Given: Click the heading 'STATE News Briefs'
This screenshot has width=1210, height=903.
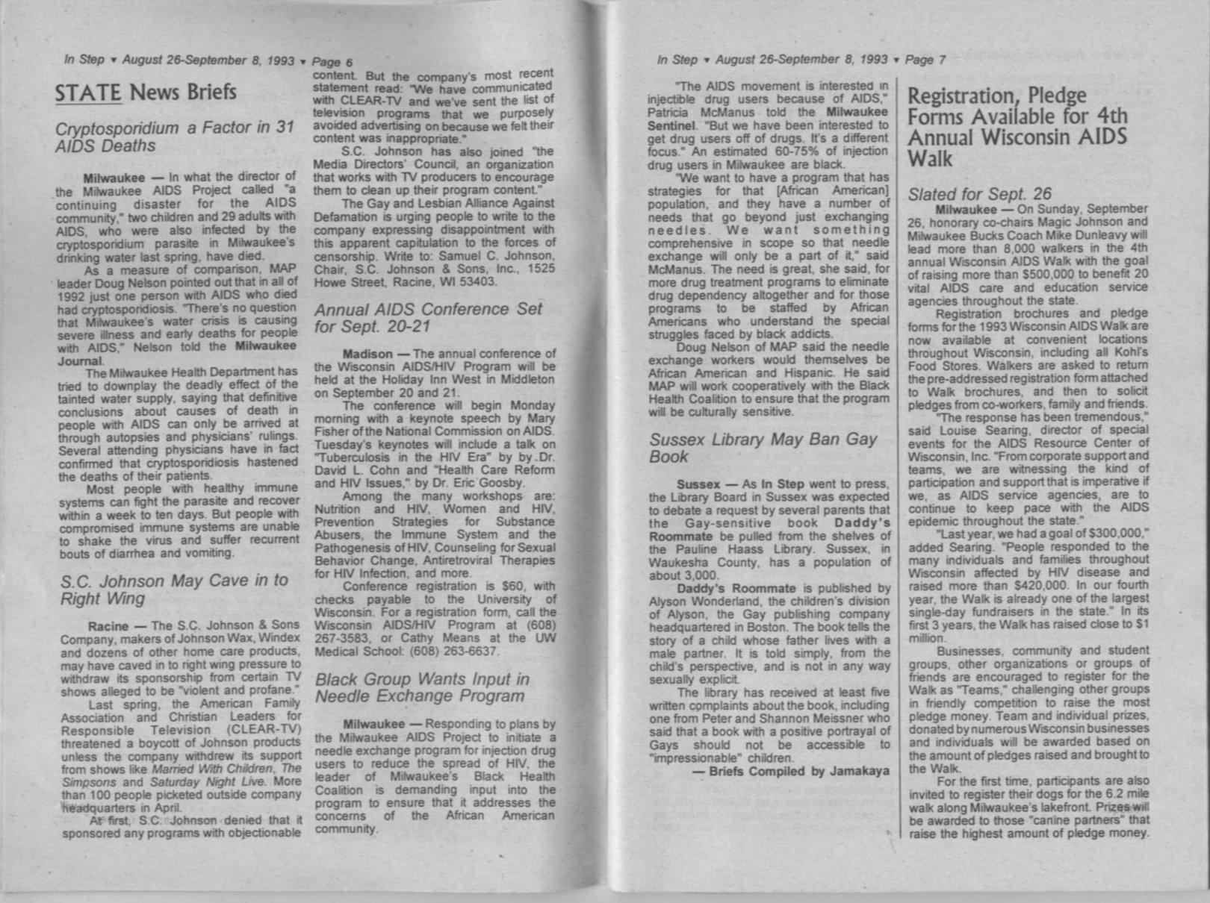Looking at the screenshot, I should (x=146, y=92).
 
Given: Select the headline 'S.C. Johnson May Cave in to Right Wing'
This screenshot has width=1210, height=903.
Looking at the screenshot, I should (x=174, y=589).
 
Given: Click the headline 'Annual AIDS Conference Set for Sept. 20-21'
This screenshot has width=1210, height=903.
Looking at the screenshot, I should (x=429, y=318).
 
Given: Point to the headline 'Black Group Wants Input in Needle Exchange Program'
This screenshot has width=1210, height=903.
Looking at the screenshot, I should (x=422, y=687).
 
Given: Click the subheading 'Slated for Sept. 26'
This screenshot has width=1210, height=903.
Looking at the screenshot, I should (x=979, y=194).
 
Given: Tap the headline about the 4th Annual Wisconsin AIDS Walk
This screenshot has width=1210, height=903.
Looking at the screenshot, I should (x=1017, y=127).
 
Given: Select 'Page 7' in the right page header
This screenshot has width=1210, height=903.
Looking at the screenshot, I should (x=925, y=60).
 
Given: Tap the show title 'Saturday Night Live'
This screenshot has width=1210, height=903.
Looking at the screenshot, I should (x=196, y=781).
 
